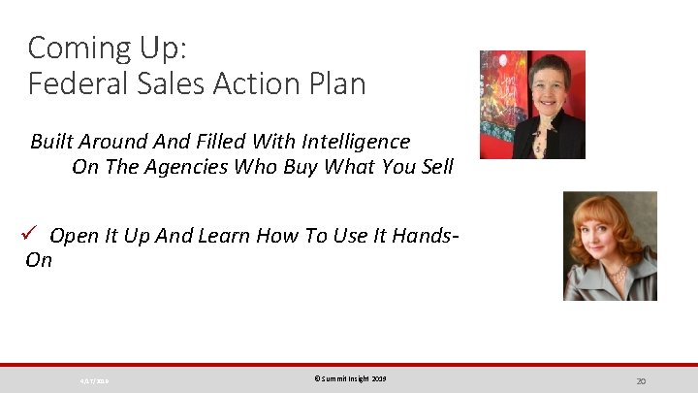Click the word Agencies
180,166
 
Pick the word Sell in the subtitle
435,166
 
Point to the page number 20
641,380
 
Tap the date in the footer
94,381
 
